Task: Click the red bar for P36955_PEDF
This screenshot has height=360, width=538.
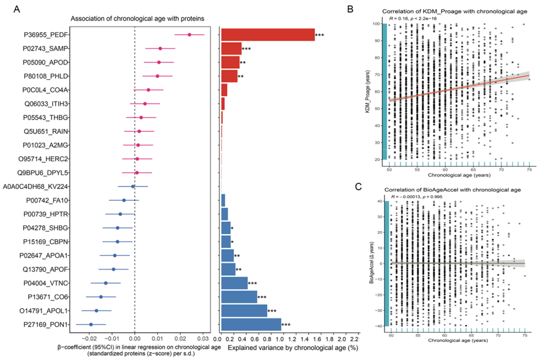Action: pyautogui.click(x=267, y=35)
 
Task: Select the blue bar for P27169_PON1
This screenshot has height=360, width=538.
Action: pyautogui.click(x=251, y=324)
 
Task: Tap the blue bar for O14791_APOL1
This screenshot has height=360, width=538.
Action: pyautogui.click(x=244, y=310)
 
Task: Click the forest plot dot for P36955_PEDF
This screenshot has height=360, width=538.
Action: pyautogui.click(x=189, y=35)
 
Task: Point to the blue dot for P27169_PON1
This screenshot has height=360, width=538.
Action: pyautogui.click(x=91, y=324)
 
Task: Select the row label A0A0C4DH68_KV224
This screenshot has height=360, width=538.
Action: pyautogui.click(x=35, y=186)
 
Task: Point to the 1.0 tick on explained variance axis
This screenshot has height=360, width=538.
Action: pyautogui.click(x=282, y=340)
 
